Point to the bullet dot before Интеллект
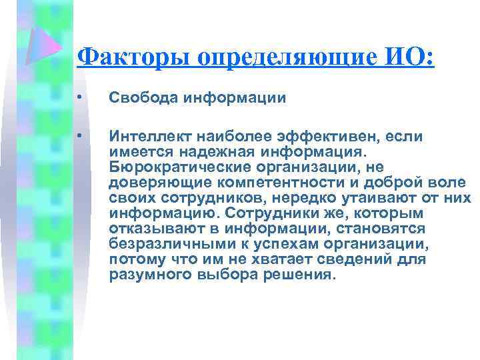click(79, 137)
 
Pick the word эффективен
click(321, 137)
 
